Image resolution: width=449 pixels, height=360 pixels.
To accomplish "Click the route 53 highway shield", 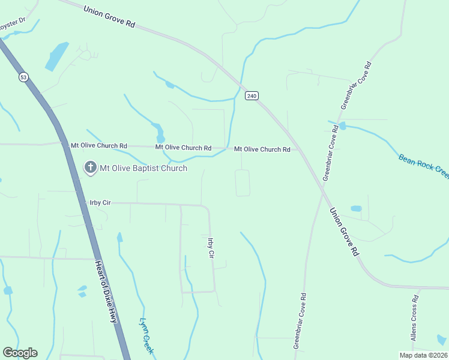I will click(x=23, y=77).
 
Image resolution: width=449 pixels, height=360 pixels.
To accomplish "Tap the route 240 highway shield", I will click(x=252, y=95).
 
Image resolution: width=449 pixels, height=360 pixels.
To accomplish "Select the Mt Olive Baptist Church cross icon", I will click(x=90, y=167).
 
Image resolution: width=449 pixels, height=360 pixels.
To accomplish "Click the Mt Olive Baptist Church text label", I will click(x=143, y=168).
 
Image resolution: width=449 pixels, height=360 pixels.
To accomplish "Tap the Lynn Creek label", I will click(x=147, y=335).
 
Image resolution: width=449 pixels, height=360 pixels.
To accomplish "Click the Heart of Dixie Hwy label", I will click(x=105, y=292).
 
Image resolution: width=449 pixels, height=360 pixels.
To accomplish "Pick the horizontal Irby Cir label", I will click(x=100, y=203).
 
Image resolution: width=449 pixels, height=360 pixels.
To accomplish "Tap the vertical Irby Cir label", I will click(x=211, y=248).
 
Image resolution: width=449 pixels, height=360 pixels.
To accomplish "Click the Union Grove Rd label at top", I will click(x=109, y=16).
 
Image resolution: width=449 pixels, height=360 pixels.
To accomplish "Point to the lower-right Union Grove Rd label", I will click(x=344, y=232).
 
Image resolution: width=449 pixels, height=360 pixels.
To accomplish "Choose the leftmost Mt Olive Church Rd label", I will click(x=99, y=145).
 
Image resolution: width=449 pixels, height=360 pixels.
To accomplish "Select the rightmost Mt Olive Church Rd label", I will click(x=262, y=149).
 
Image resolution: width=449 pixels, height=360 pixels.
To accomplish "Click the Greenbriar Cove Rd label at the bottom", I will click(x=300, y=321).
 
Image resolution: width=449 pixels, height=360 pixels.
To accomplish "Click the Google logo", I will click(x=20, y=353).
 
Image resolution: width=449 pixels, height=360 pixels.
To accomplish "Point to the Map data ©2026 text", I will click(x=423, y=355).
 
